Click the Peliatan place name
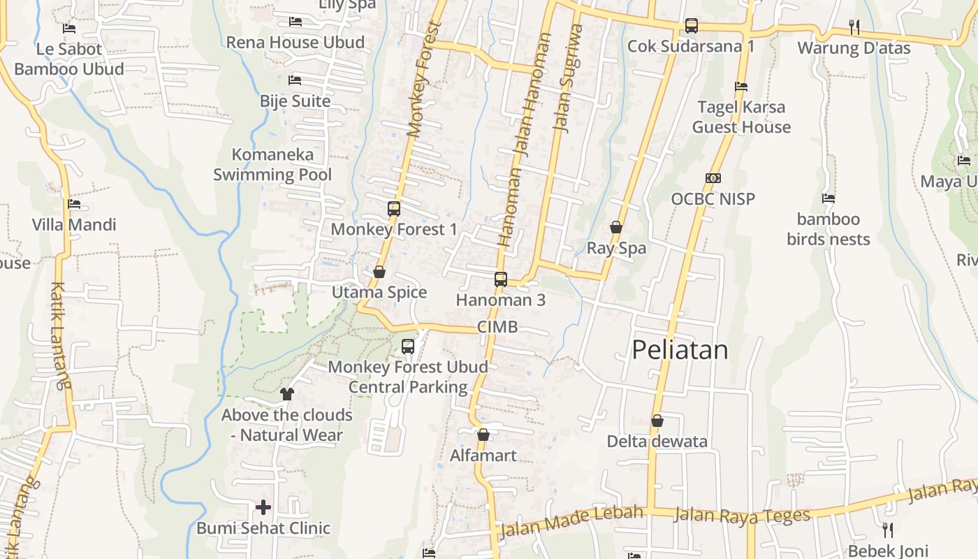pyautogui.click(x=680, y=349)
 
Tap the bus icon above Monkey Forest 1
pyautogui.click(x=394, y=208)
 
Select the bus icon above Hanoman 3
pyautogui.click(x=501, y=279)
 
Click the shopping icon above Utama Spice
pyautogui.click(x=379, y=272)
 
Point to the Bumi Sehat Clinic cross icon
pyautogui.click(x=263, y=507)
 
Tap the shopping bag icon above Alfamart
pyautogui.click(x=483, y=435)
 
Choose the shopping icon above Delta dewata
pyautogui.click(x=657, y=421)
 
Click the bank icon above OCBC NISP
pyautogui.click(x=713, y=178)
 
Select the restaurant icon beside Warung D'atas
pyautogui.click(x=854, y=27)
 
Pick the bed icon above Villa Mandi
pyautogui.click(x=74, y=204)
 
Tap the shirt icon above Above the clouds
pyautogui.click(x=286, y=394)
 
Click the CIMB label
pyautogui.click(x=497, y=327)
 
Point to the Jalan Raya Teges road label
pyautogui.click(x=742, y=516)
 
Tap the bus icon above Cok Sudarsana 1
pyautogui.click(x=691, y=26)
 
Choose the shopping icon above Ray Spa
pyautogui.click(x=616, y=227)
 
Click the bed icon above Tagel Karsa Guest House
pyautogui.click(x=741, y=87)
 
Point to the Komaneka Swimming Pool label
pyautogui.click(x=272, y=164)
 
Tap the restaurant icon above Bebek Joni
pyautogui.click(x=887, y=530)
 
